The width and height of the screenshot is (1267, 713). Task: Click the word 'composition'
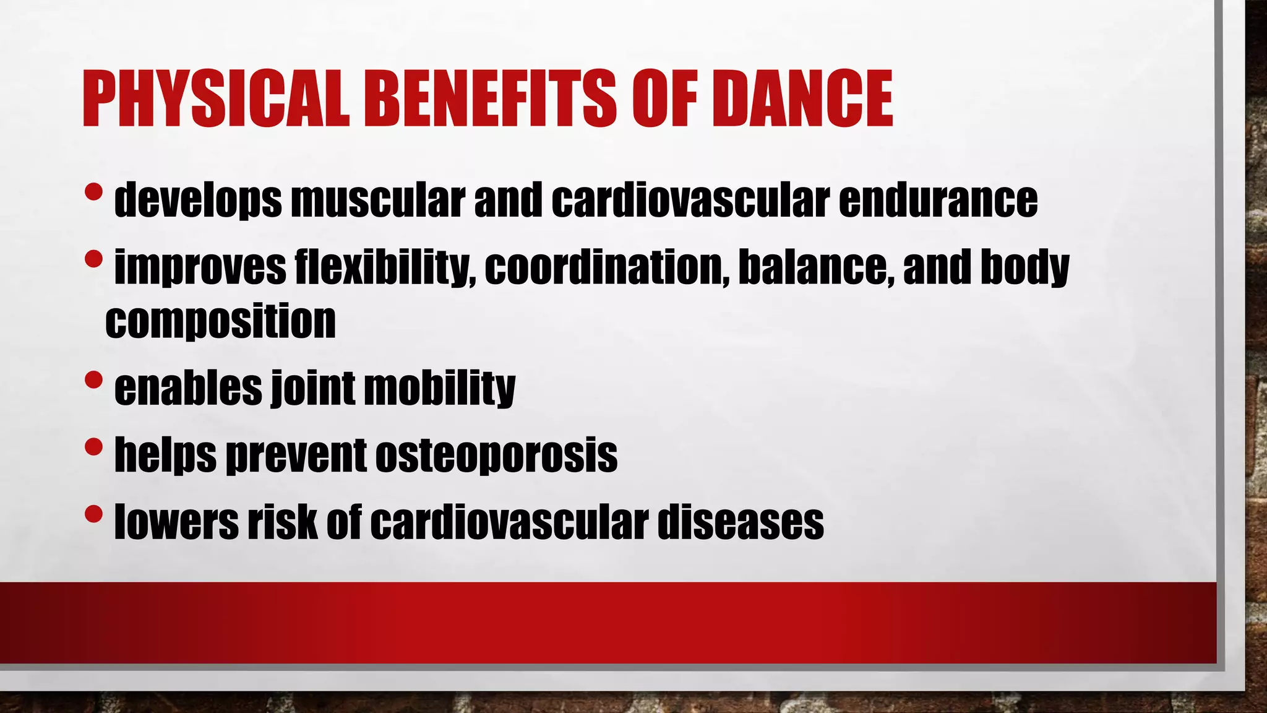220,321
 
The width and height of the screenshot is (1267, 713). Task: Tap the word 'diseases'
741,522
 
